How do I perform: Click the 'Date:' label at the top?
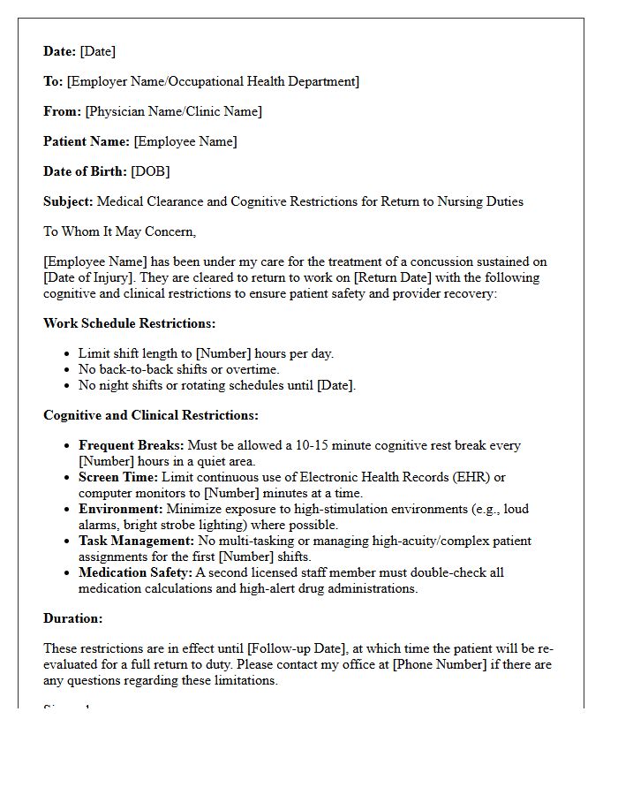click(x=60, y=51)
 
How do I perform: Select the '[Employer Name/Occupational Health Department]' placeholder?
click(x=213, y=81)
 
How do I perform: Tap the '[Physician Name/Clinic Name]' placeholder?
click(x=173, y=111)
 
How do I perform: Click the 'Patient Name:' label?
click(x=87, y=141)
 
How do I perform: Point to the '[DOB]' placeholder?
click(x=150, y=171)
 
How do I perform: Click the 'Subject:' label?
click(x=68, y=201)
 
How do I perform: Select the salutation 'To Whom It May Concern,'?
click(x=120, y=231)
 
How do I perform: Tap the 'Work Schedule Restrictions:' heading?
click(x=129, y=323)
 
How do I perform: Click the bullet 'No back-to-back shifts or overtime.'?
click(x=178, y=369)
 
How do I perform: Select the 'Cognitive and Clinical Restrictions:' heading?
click(x=151, y=415)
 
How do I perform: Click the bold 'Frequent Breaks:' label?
click(x=131, y=446)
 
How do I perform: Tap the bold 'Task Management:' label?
click(x=136, y=541)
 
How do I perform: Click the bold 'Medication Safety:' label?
click(x=135, y=572)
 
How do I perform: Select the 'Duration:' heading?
click(x=72, y=618)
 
